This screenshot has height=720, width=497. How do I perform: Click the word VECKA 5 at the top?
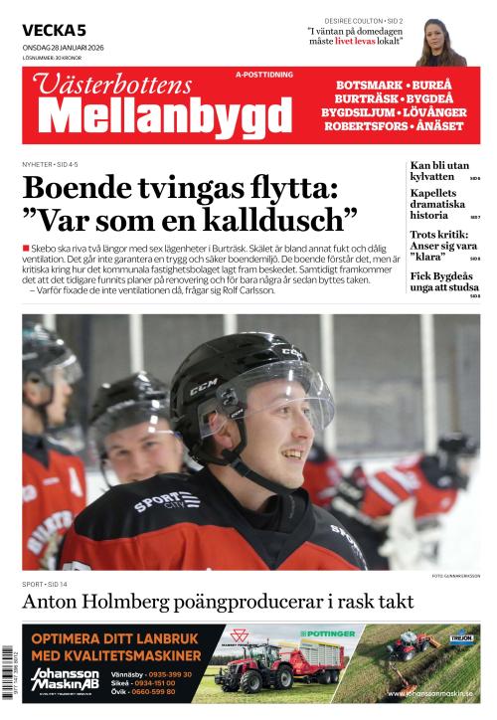coord(54,31)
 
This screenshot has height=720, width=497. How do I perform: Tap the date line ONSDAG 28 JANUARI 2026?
coord(63,48)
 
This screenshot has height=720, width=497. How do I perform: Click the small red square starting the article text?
coord(26,246)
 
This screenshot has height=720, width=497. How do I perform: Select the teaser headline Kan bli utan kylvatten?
coord(438,170)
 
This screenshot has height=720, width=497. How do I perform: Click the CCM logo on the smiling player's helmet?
coord(203,385)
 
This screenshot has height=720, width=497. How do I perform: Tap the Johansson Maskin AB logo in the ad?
coord(65,679)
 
